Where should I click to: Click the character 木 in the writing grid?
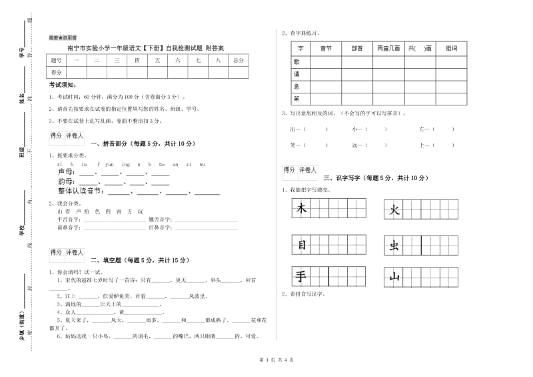(x=301, y=210)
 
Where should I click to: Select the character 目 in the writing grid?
(x=301, y=245)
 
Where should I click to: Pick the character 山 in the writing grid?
(x=394, y=276)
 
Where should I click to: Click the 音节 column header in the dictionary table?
(x=326, y=49)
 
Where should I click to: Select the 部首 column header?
(x=357, y=49)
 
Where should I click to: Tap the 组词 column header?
(x=451, y=49)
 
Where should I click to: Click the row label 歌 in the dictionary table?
(x=296, y=61)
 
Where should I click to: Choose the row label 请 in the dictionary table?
(x=296, y=74)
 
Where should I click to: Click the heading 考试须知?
(x=63, y=85)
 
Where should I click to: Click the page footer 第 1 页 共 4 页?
(x=266, y=360)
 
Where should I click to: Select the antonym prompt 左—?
(x=425, y=129)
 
